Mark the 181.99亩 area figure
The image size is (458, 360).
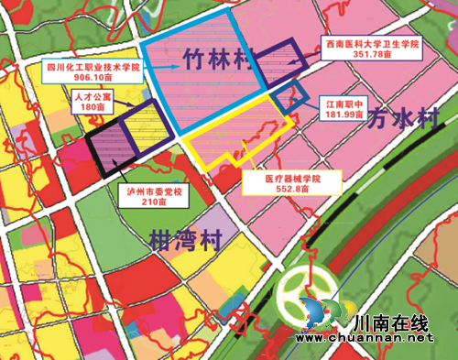tap(344, 116)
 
